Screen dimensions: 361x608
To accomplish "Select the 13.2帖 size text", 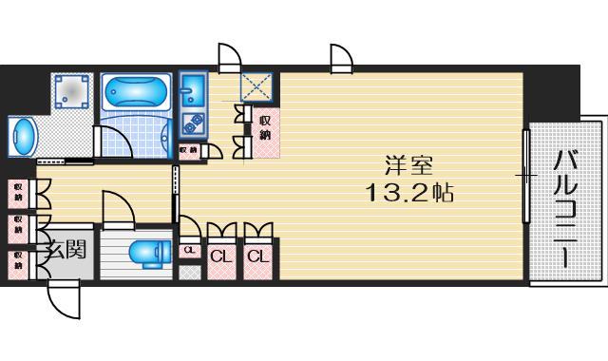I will point(409,195).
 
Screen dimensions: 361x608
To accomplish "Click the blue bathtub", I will point(136,95).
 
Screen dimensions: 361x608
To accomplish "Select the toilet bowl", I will point(147,255).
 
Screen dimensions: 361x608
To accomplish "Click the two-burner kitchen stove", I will point(193,123).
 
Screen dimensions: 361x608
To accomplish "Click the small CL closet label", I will point(189,251).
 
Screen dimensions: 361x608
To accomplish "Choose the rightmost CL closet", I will point(256,256).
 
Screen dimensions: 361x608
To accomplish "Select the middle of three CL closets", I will point(220,256).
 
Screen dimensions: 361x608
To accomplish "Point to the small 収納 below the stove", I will point(188,149).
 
